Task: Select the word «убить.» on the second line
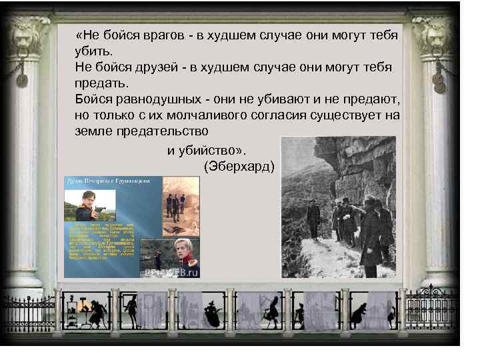(x=94, y=51)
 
